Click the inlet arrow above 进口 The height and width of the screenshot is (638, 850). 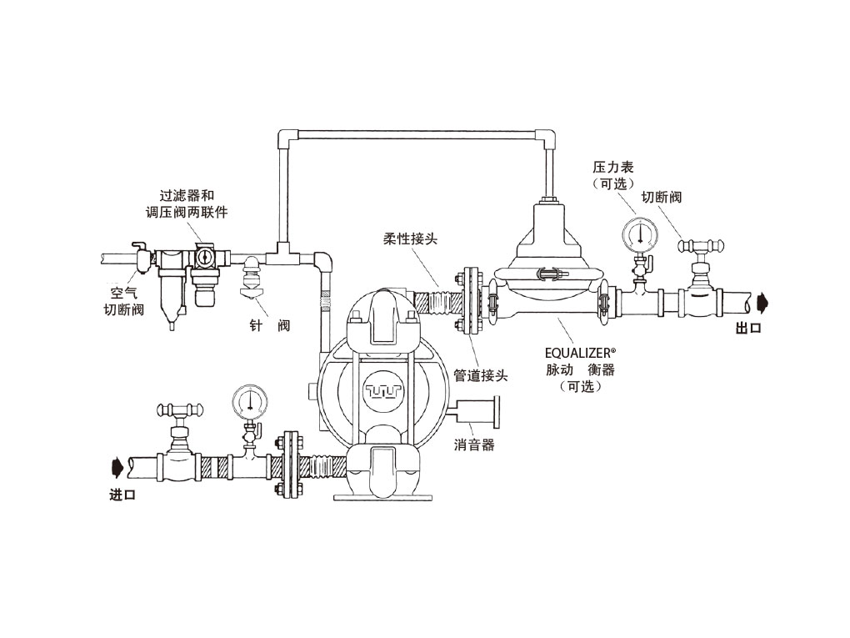pos(120,461)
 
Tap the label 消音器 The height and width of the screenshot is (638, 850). pos(474,445)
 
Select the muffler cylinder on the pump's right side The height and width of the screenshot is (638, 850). pos(476,411)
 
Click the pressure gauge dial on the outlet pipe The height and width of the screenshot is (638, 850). pos(639,234)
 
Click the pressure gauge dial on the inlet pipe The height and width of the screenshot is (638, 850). pos(248,402)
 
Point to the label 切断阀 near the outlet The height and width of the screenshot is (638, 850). pos(662,198)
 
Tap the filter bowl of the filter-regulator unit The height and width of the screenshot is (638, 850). pos(172,296)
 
